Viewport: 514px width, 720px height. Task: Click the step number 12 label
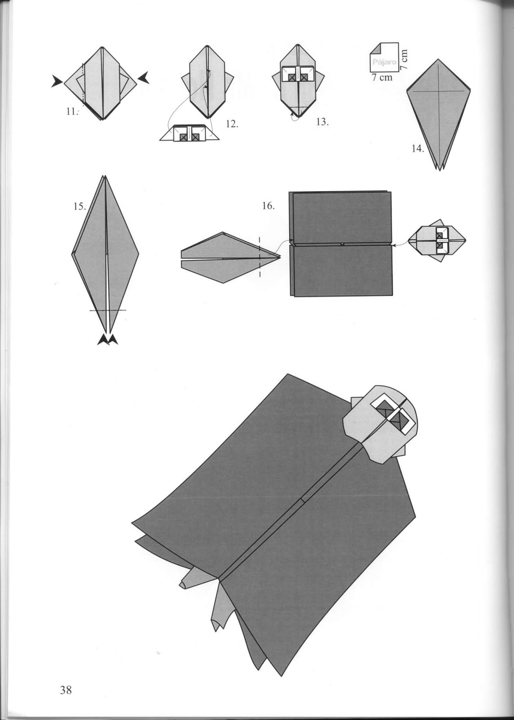pos(231,124)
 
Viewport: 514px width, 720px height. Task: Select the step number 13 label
pos(322,121)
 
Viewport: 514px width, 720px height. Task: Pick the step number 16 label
pos(268,206)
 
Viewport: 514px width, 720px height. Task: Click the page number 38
pos(66,690)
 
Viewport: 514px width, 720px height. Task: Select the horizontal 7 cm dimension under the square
pos(382,77)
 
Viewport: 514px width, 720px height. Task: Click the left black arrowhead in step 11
pos(57,81)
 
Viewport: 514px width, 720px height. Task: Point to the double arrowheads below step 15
pos(108,340)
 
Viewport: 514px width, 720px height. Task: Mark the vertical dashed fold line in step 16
pos(260,256)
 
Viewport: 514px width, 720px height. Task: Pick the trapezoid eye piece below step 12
pos(189,133)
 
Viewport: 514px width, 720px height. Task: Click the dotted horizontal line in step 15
pos(108,310)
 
